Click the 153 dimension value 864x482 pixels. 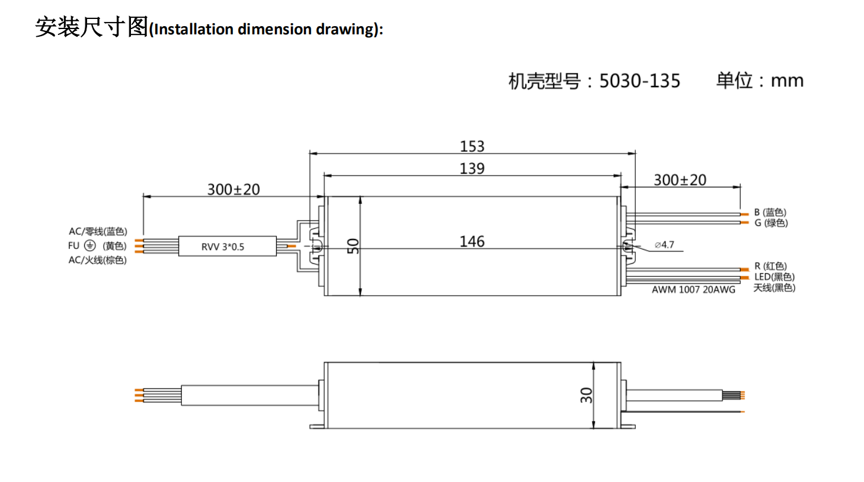pos(472,146)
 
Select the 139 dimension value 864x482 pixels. pos(472,169)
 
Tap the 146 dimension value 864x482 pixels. pos(472,242)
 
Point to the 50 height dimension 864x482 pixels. pos(353,246)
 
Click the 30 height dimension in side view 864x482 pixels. pos(586,395)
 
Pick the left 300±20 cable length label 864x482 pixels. pos(233,190)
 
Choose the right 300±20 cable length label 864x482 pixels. pos(680,180)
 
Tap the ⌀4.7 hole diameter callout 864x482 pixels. pos(664,245)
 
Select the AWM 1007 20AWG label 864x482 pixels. pos(693,290)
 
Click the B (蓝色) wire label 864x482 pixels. pos(770,212)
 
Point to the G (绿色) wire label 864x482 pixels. pos(771,223)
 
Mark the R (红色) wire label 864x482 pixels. pos(770,266)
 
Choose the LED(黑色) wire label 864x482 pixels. pos(774,277)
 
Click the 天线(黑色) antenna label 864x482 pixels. pos(774,288)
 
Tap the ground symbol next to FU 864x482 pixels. pos(89,245)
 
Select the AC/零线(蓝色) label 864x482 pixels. pos(98,231)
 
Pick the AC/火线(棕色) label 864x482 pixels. pos(98,260)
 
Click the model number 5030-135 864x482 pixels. pos(639,81)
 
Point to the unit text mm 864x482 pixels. pos(787,81)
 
